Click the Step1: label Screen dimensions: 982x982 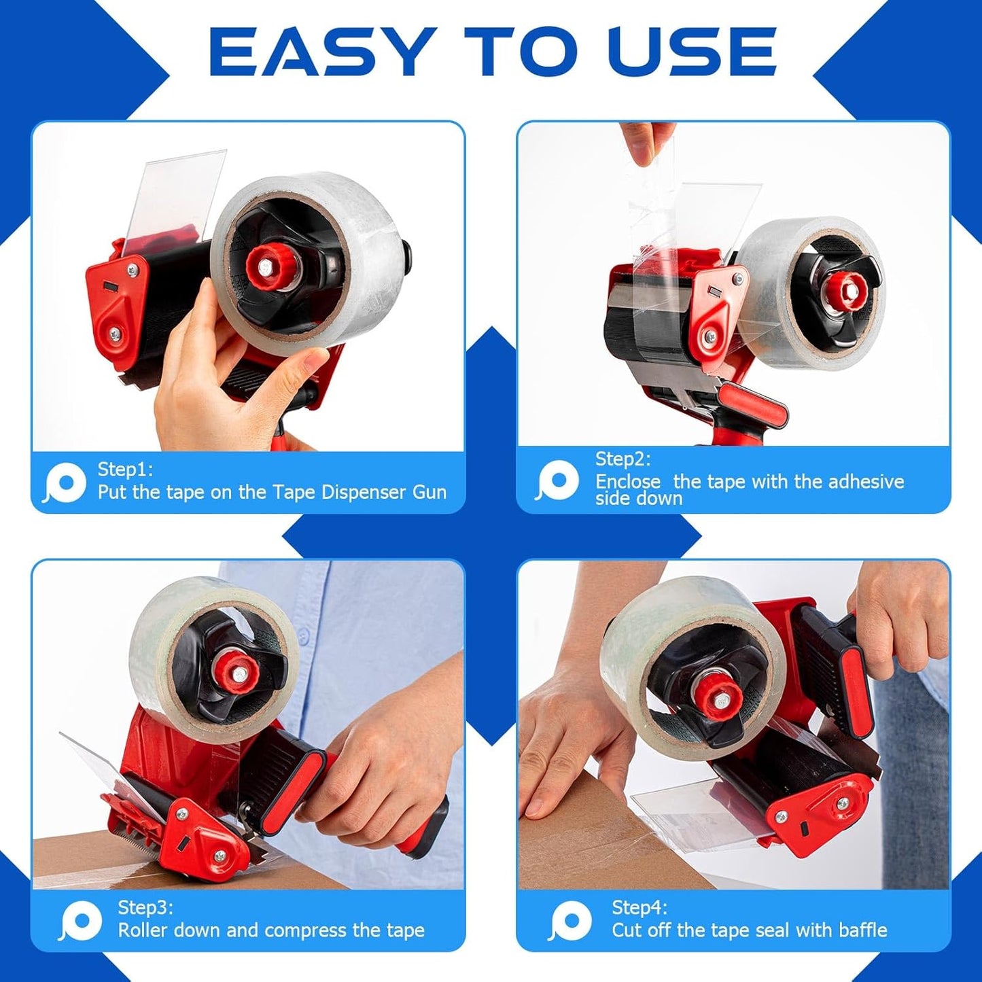tap(125, 470)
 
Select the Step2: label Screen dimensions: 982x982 tap(622, 459)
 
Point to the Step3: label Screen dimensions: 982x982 tap(145, 908)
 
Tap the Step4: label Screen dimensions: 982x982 tap(639, 908)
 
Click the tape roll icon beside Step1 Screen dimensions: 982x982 tap(65, 483)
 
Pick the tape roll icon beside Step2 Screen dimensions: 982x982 tap(557, 480)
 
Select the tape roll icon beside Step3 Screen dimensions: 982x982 tap(81, 921)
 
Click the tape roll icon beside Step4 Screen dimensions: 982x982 tap(570, 921)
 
